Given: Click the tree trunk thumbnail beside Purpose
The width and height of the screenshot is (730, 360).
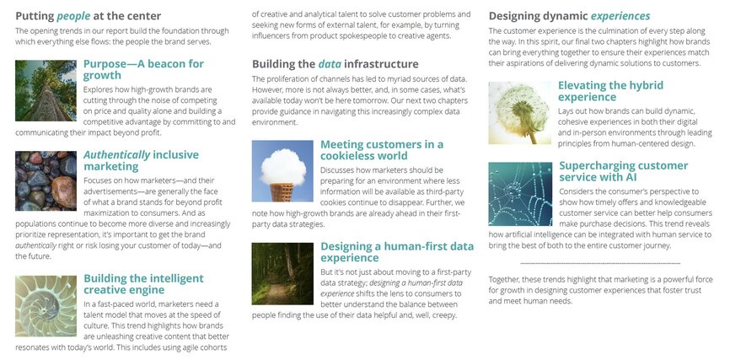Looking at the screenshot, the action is tap(46, 90).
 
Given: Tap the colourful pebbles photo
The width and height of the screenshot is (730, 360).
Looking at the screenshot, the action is tap(46, 180).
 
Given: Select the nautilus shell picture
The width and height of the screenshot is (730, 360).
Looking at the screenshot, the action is tap(46, 306).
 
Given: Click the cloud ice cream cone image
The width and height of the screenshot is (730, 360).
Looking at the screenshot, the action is tap(282, 171).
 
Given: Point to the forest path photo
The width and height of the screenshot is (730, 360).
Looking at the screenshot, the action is tap(282, 273).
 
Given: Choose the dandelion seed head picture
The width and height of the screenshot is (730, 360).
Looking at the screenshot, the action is tap(519, 113).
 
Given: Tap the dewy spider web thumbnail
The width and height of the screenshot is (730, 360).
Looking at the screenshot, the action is tap(520, 194).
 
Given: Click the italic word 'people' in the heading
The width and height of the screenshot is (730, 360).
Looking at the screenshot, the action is tap(73, 16).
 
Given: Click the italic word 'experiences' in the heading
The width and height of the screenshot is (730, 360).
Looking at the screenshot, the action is tap(620, 16).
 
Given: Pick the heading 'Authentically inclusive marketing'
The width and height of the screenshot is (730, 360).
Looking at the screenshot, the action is tap(141, 160).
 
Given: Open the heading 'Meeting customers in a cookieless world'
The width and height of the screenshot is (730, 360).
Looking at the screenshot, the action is tap(382, 149).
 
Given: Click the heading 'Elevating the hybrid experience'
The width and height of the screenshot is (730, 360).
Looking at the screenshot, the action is tap(611, 91).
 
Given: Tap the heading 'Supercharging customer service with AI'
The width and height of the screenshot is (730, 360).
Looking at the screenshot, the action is tap(624, 171).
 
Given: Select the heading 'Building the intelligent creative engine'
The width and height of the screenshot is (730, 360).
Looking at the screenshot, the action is tap(143, 283).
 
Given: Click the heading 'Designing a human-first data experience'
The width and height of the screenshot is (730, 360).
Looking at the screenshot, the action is tap(397, 251).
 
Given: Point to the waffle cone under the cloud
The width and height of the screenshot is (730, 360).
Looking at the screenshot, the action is tap(282, 192).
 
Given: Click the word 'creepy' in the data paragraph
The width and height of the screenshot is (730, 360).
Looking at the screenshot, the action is tap(443, 315).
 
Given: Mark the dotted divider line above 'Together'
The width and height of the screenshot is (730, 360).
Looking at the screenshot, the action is tap(600, 264).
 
